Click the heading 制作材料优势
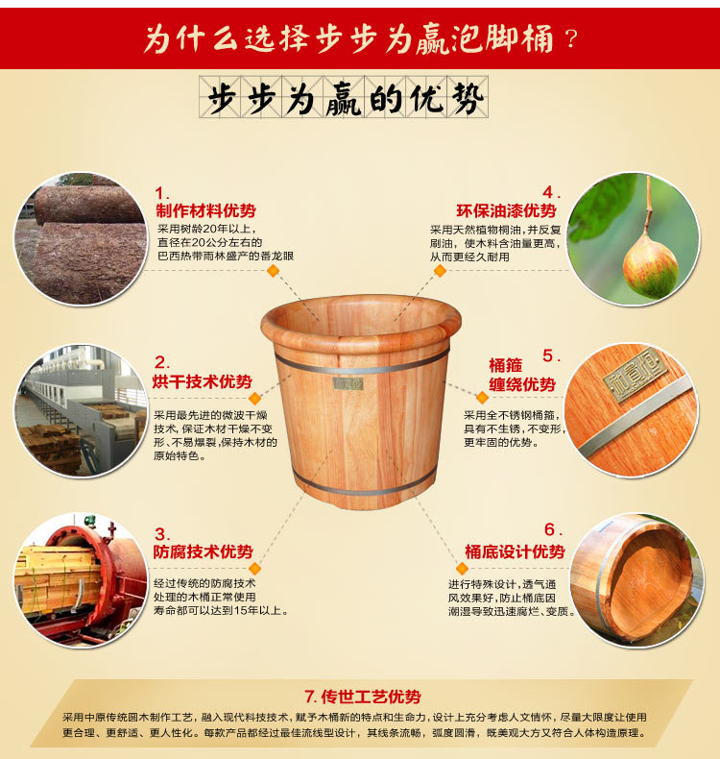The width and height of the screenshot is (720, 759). [x=205, y=211]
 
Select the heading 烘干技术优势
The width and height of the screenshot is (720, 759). [x=203, y=382]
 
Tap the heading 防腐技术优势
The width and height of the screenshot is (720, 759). [x=204, y=551]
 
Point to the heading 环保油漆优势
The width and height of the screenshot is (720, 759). [x=506, y=210]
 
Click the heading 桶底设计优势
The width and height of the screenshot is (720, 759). [x=515, y=551]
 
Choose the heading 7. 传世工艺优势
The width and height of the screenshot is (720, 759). [x=363, y=697]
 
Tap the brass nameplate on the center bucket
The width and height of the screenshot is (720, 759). [x=348, y=384]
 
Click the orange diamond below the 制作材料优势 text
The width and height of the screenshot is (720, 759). [x=274, y=271]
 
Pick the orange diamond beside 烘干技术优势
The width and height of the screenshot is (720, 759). [x=254, y=399]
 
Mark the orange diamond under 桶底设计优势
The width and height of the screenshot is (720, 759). [x=463, y=568]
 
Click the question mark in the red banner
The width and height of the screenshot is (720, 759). [x=571, y=38]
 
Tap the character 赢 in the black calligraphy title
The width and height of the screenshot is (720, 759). [x=344, y=100]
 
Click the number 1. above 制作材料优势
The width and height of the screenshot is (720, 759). [x=162, y=194]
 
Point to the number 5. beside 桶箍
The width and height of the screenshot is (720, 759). [x=551, y=355]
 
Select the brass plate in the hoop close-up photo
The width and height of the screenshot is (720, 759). [x=635, y=374]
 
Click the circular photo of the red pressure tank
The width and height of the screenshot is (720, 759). [x=82, y=580]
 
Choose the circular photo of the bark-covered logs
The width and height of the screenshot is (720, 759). [x=82, y=239]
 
